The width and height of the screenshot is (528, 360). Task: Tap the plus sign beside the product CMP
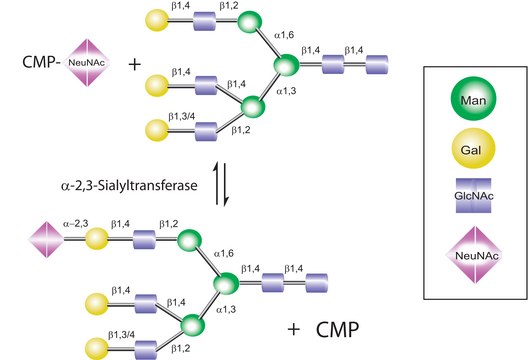coord(293,327)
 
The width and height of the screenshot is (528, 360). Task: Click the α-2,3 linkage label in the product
coord(76,226)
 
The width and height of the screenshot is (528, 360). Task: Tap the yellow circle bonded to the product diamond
coord(96,241)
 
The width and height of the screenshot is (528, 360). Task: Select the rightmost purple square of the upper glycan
coord(375,66)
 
